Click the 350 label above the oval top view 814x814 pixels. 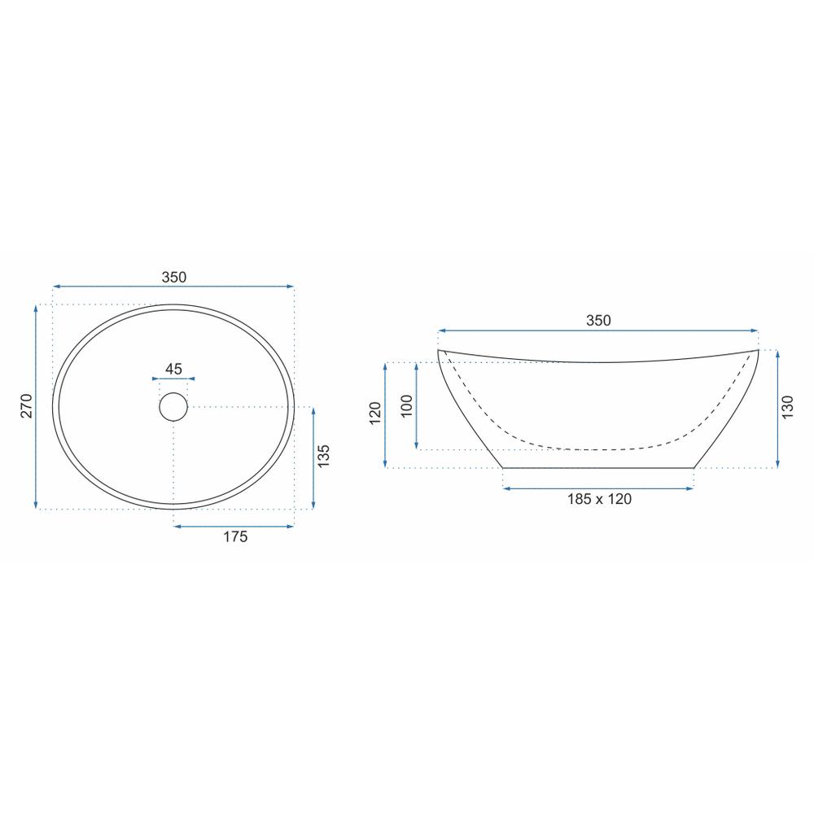point(174,278)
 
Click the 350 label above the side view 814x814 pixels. point(598,320)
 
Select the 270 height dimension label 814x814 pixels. point(27,406)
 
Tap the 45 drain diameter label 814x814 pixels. point(173,369)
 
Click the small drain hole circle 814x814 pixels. point(173,406)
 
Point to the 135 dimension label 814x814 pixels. point(323,456)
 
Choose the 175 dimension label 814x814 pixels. point(235,536)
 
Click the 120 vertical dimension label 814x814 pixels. point(374,414)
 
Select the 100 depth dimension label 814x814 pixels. point(407,406)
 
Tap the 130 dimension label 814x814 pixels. point(787,407)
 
